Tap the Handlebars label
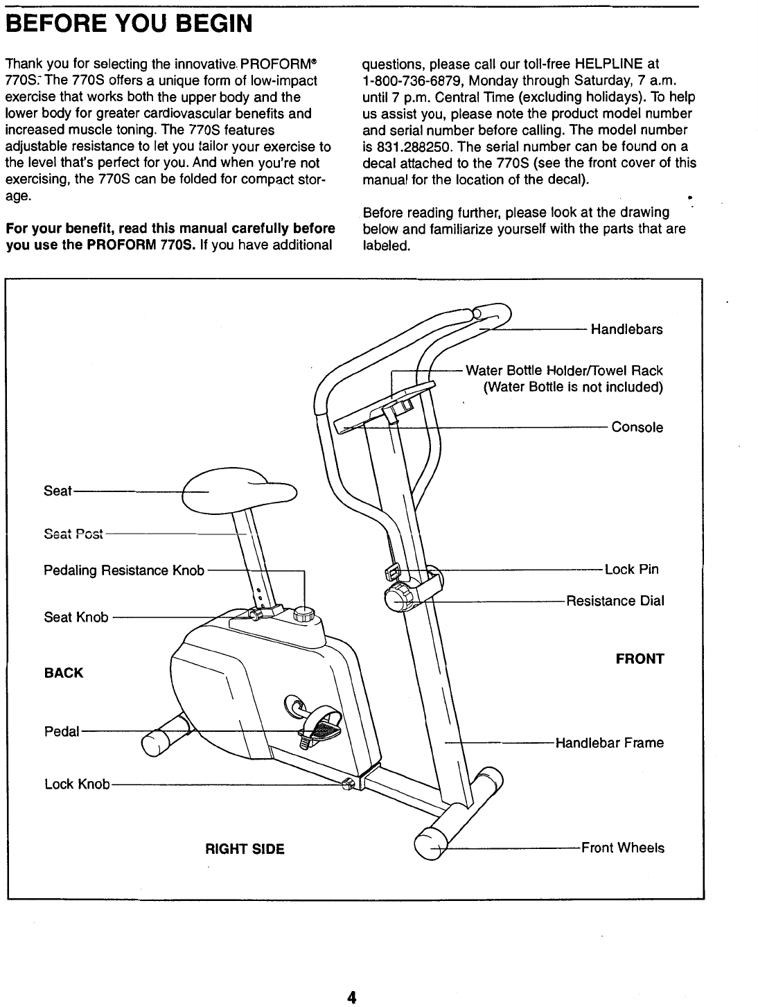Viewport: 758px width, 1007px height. [626, 329]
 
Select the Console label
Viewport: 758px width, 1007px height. [637, 428]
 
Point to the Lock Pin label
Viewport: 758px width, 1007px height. [631, 570]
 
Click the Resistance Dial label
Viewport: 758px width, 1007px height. [615, 601]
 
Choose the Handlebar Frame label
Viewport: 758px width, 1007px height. [609, 743]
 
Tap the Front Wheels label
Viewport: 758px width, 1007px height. [622, 848]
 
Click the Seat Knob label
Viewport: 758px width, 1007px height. [76, 617]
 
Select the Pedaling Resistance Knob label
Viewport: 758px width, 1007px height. [124, 570]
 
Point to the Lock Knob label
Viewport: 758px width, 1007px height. [77, 784]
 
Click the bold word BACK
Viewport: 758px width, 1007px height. [64, 673]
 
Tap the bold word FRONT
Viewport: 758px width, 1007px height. [640, 658]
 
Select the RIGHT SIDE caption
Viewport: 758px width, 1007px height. [245, 849]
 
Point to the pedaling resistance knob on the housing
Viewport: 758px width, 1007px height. [304, 614]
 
